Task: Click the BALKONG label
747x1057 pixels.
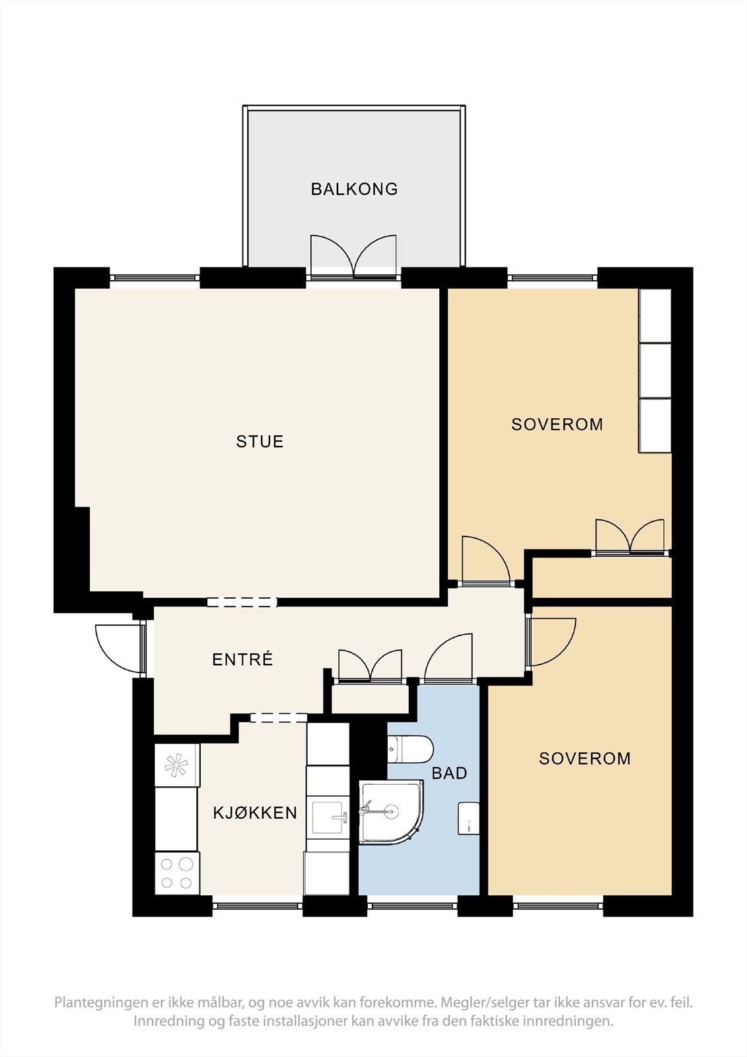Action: (x=354, y=189)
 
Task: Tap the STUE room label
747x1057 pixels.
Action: (x=260, y=442)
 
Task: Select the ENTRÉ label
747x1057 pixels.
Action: (x=242, y=659)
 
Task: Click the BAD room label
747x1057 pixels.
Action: (x=449, y=773)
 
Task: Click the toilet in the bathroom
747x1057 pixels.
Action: (x=410, y=749)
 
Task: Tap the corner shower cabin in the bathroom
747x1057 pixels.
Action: (x=391, y=812)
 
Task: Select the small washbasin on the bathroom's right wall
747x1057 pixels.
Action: (x=468, y=819)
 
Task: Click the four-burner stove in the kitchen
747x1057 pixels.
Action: (x=177, y=873)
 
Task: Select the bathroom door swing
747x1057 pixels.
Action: (x=448, y=658)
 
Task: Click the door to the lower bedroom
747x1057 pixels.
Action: (x=551, y=642)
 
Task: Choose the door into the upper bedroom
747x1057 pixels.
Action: (x=487, y=561)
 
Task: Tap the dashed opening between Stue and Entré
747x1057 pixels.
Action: (x=242, y=602)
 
